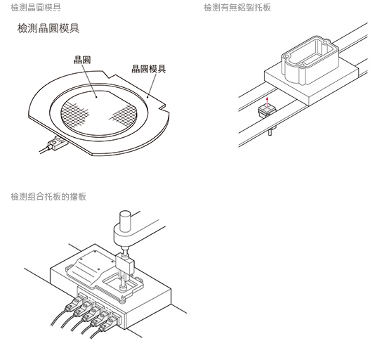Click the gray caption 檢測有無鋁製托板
point(237,8)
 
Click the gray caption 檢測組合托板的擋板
point(48,197)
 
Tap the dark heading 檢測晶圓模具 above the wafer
point(48,28)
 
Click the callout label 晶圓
point(82,60)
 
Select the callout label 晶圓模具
point(149,69)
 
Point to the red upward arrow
point(268,103)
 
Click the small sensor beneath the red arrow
point(268,111)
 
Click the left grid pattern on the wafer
point(74,115)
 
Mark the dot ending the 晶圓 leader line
point(96,97)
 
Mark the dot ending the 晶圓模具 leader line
point(147,96)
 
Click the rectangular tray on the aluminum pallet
point(310,60)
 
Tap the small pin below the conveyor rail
point(270,131)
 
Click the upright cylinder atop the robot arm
point(125,221)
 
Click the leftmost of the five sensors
point(75,303)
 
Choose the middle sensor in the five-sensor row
point(93,313)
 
